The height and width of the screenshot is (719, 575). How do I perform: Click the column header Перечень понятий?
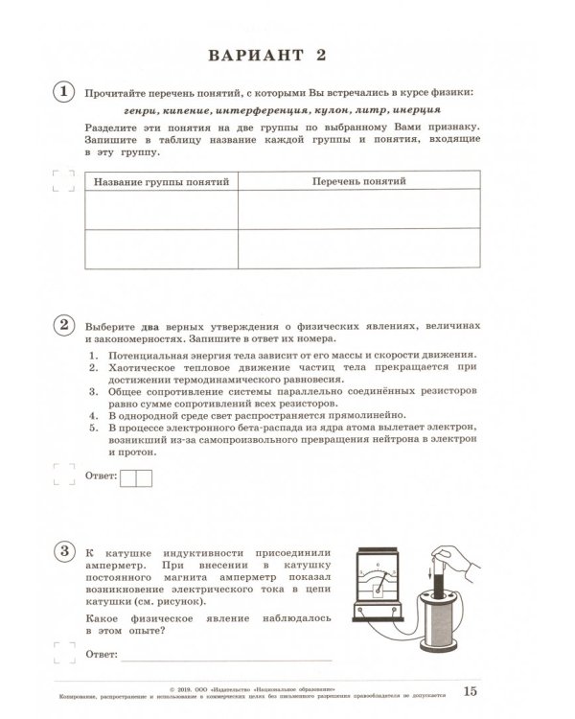[x=357, y=181]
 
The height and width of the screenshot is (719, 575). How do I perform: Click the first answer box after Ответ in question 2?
[x=129, y=476]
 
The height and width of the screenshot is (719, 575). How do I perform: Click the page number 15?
[x=469, y=691]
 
